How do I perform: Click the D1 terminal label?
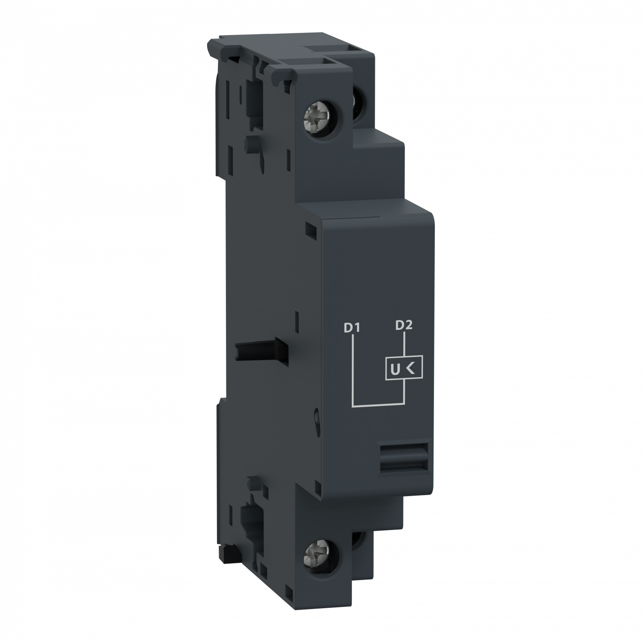[x=351, y=328]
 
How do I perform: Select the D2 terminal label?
[x=404, y=325]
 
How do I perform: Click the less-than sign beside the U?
[x=410, y=368]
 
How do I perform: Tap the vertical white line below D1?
[x=352, y=368]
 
